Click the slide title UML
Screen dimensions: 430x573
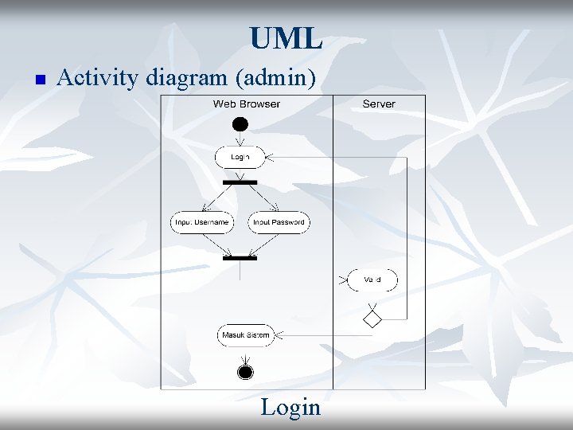click(x=286, y=37)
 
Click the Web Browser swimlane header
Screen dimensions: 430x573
click(x=247, y=104)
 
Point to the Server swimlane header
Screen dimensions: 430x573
click(x=379, y=104)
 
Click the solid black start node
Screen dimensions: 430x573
click(x=240, y=124)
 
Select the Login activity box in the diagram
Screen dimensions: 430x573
click(x=240, y=157)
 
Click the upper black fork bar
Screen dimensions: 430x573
click(x=240, y=182)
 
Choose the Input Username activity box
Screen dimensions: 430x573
click(x=202, y=222)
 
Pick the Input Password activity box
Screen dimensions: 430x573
click(x=279, y=222)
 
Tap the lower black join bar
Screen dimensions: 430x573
click(x=240, y=258)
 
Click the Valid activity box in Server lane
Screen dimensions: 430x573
click(x=372, y=279)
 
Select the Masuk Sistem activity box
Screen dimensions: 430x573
click(x=245, y=335)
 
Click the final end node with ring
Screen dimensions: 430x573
click(x=245, y=373)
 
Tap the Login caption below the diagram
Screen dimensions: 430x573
click(x=290, y=408)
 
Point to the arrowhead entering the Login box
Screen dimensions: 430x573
click(x=269, y=157)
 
